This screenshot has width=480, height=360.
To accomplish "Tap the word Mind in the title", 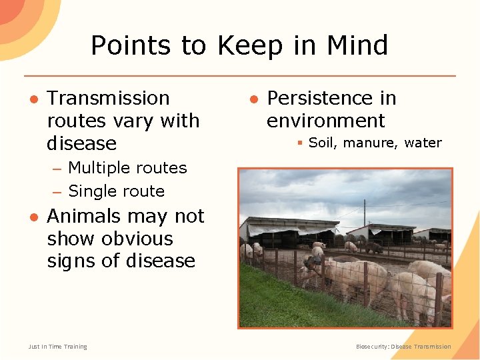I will coord(357,46).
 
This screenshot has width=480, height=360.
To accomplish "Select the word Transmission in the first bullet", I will coord(109,98).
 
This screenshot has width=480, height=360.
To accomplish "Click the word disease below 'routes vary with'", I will coord(81,143).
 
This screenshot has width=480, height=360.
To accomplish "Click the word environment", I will coord(325,121).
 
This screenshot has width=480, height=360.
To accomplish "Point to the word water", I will coord(423,143).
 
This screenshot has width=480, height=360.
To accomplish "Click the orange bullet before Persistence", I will coord(254,99).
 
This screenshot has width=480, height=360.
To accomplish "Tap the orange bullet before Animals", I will coord(33,217).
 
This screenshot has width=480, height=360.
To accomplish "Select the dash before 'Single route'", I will coord(57,192).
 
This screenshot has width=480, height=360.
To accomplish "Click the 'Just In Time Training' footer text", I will coord(57,347).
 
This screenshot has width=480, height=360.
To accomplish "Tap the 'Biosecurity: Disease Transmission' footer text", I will coord(403,347).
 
